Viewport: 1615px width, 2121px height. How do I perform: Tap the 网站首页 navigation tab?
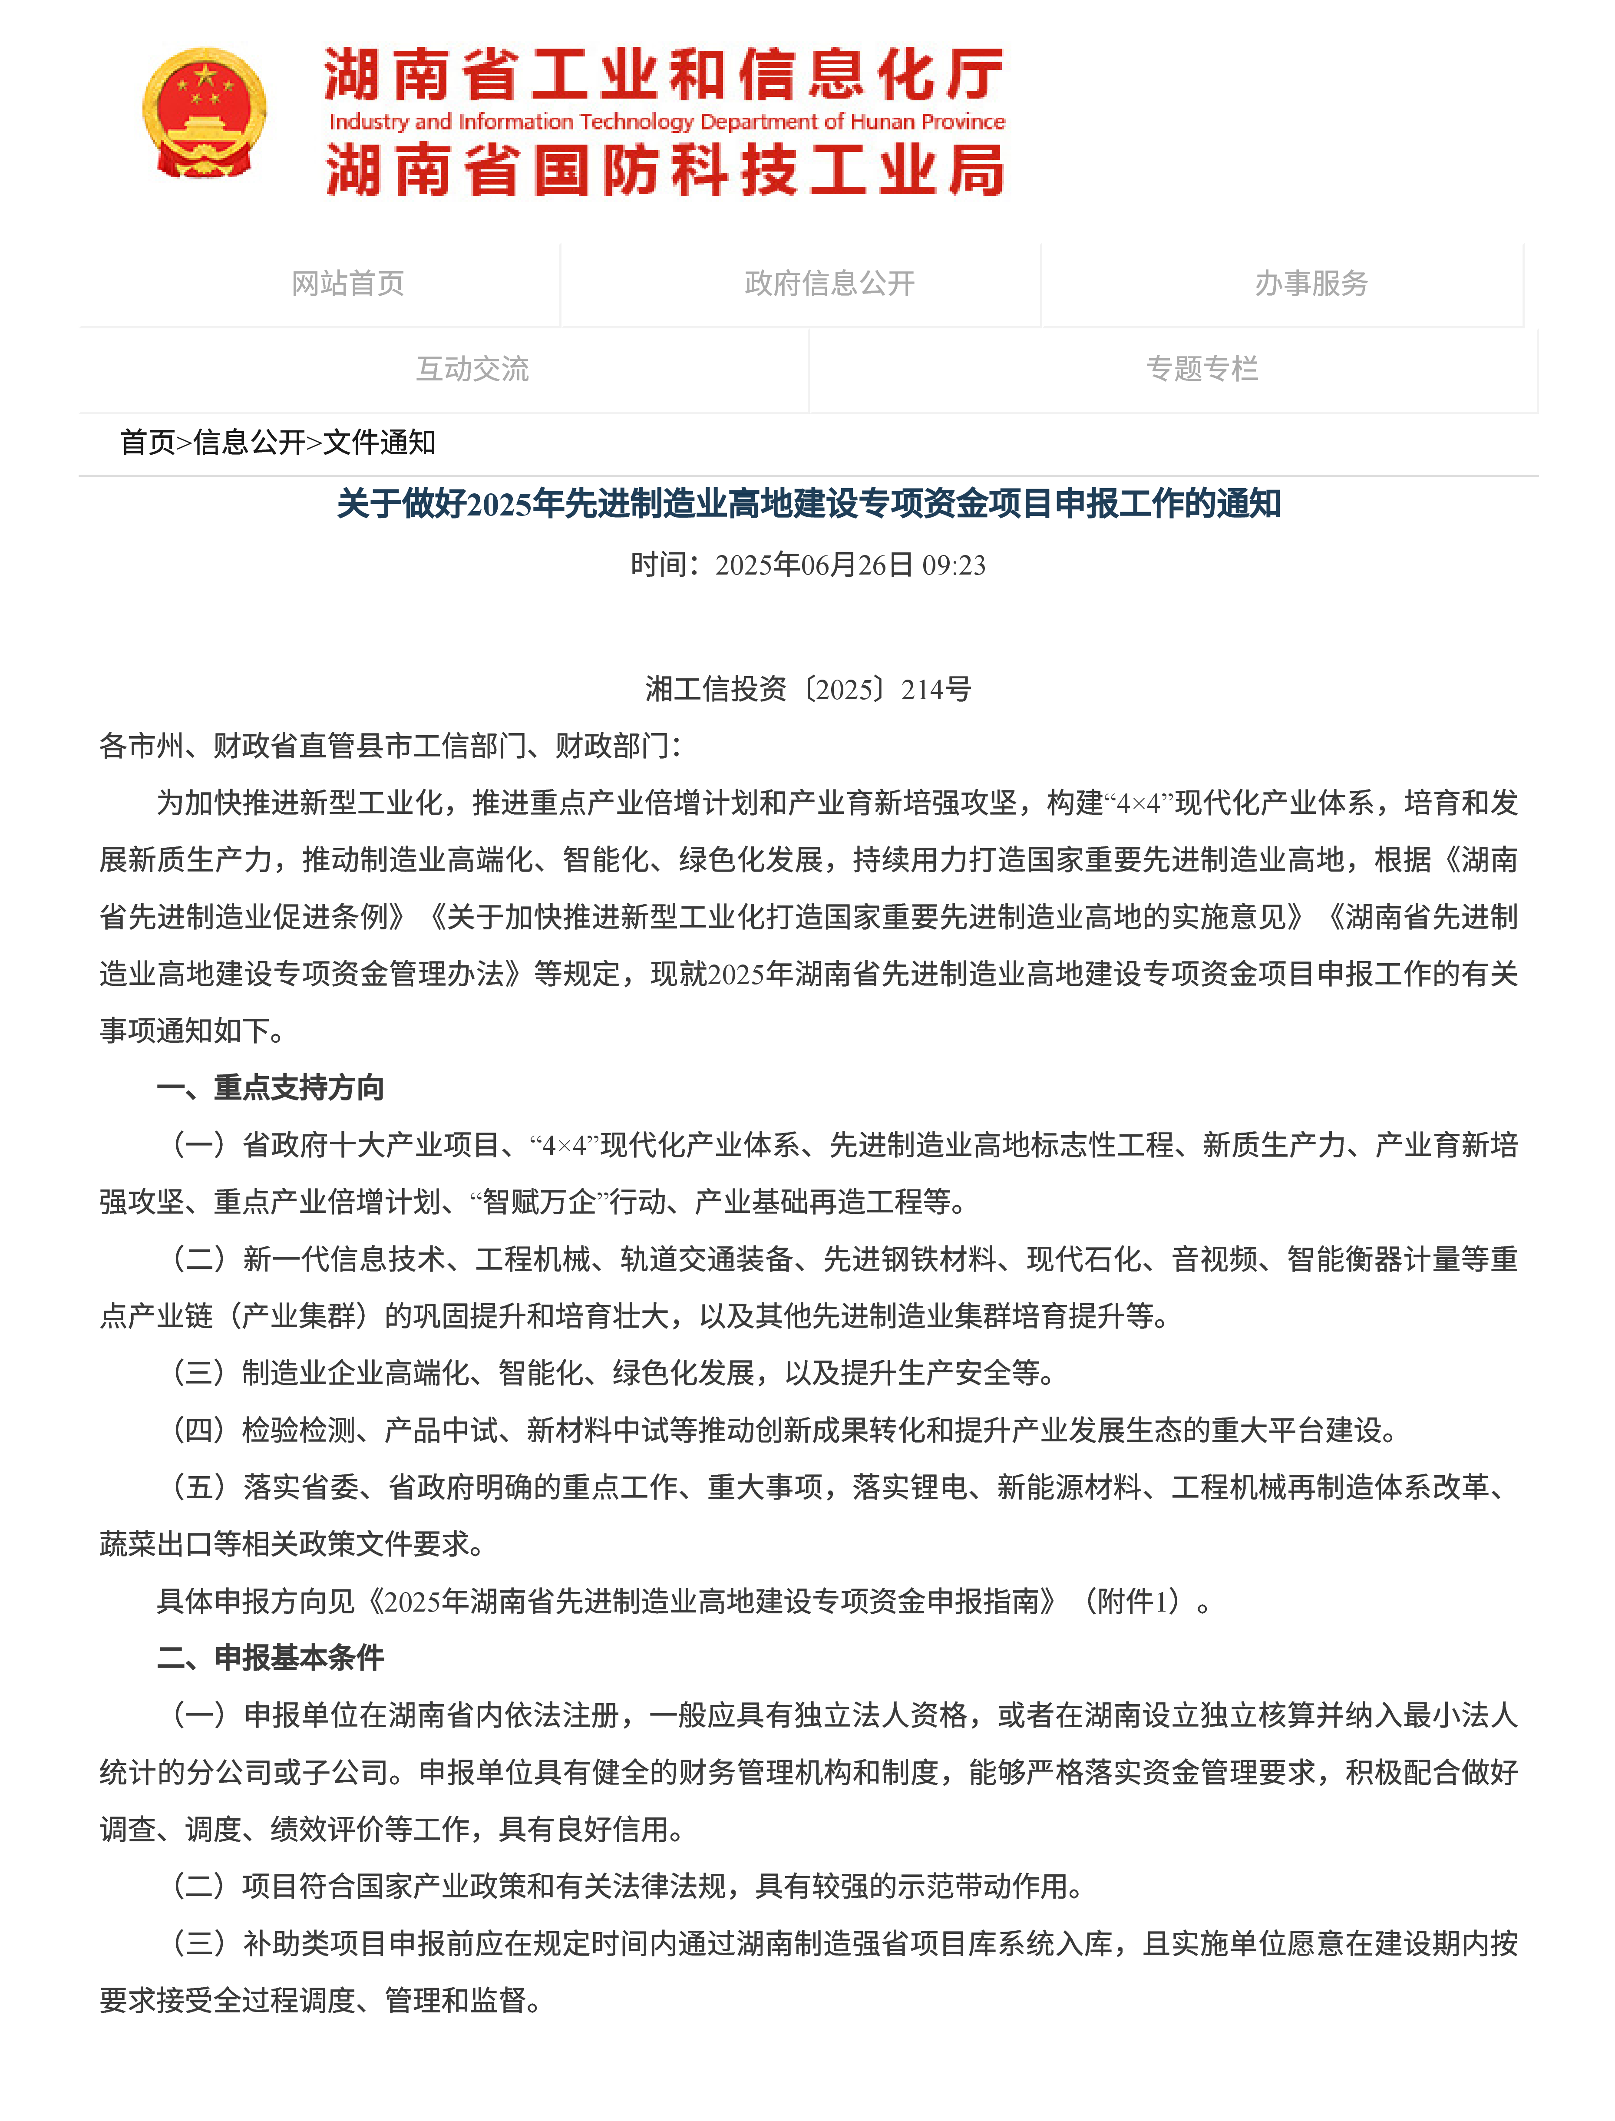[x=348, y=284]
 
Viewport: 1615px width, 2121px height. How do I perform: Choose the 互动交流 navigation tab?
[x=472, y=369]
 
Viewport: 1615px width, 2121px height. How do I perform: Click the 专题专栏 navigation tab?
[x=1202, y=369]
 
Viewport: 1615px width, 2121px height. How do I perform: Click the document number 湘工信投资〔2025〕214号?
[x=808, y=689]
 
